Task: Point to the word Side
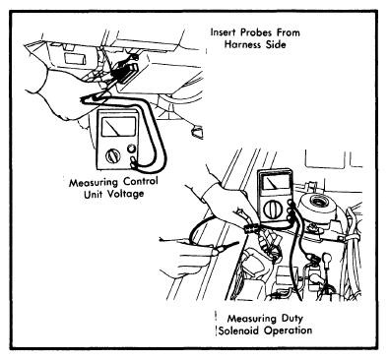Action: (276, 44)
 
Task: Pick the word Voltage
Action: (126, 194)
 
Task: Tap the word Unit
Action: (95, 195)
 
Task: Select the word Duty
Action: (291, 319)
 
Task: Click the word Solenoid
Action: (239, 330)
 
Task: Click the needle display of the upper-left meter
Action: (118, 126)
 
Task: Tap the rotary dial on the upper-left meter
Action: (113, 156)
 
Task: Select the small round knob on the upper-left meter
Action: (132, 149)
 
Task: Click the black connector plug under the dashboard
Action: (127, 74)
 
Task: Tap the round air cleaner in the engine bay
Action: (318, 206)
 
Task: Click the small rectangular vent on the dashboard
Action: (75, 58)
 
